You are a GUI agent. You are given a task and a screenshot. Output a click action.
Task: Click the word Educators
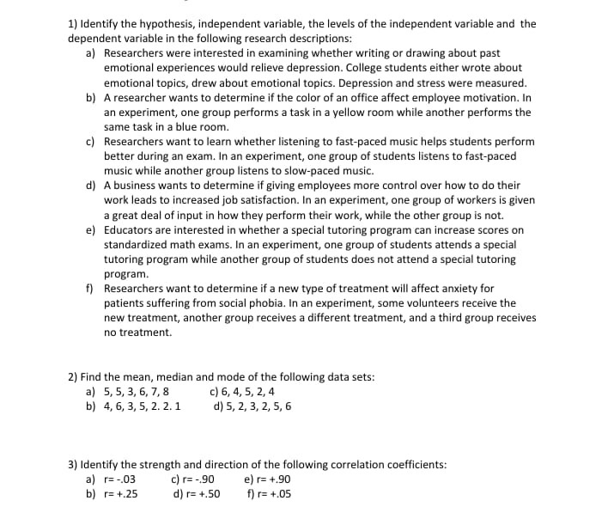point(131,230)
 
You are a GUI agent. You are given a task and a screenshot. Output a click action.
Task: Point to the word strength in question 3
point(155,465)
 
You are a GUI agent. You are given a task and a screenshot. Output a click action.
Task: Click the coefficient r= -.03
point(119,479)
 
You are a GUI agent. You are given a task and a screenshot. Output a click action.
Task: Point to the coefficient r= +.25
point(120,494)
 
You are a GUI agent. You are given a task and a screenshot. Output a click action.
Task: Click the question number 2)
point(73,376)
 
